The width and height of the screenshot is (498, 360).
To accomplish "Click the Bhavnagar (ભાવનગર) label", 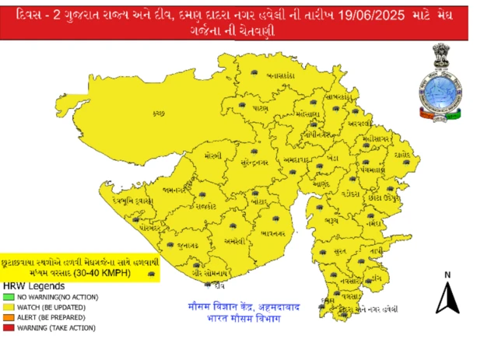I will coord(278,231).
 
